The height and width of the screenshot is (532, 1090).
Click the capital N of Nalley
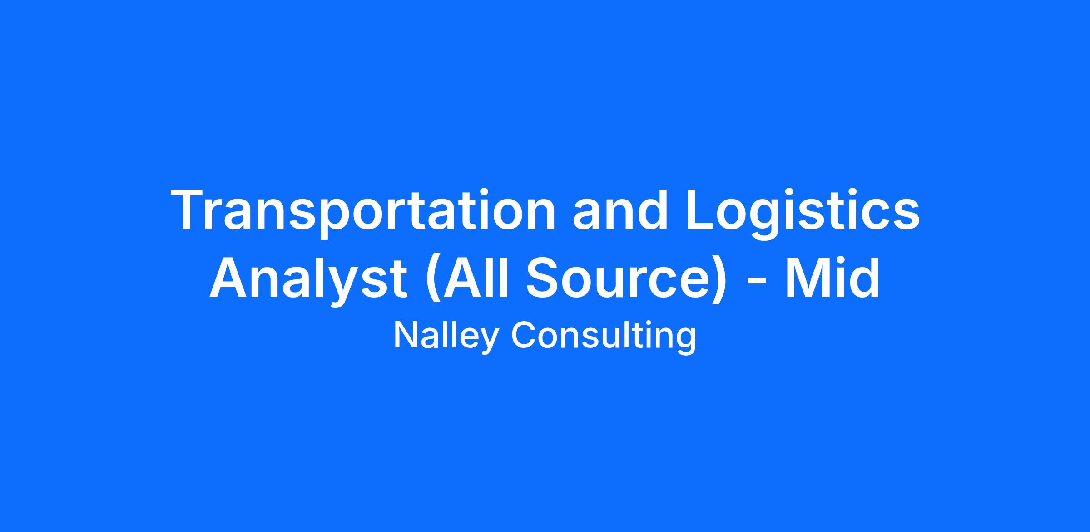406,335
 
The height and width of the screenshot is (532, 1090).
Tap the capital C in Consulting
524,335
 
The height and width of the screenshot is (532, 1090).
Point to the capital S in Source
544,278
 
